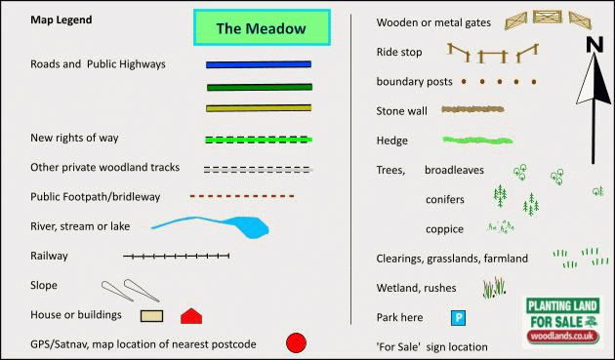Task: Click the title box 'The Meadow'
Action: pos(261,28)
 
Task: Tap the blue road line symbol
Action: pos(259,64)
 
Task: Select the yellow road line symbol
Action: pos(259,107)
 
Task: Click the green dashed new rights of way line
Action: pos(259,140)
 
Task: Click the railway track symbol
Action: pos(177,257)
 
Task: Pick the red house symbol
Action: pos(191,315)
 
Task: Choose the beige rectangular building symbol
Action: pos(150,315)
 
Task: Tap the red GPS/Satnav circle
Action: pos(296,342)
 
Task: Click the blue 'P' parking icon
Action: pos(457,317)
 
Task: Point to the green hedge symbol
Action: pos(477,140)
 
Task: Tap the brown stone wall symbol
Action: pos(477,110)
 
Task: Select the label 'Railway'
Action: pos(50,256)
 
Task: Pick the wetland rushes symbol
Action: pos(495,287)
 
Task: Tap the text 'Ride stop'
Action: pos(399,52)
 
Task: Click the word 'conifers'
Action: pos(445,199)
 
